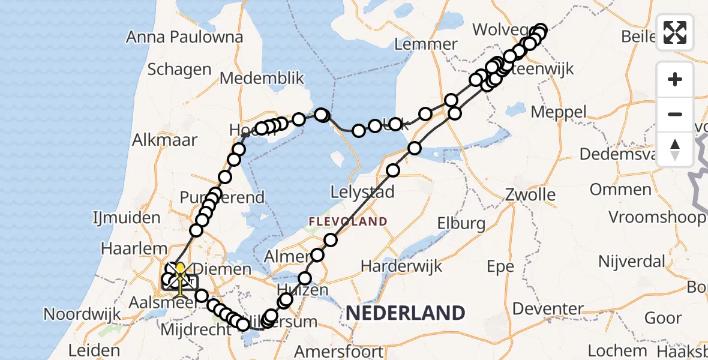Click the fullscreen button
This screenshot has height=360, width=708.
pyautogui.click(x=675, y=32)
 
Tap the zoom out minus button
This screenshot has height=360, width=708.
pyautogui.click(x=675, y=114)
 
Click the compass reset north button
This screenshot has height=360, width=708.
pyautogui.click(x=675, y=149)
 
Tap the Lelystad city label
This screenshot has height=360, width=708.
pyautogui.click(x=363, y=193)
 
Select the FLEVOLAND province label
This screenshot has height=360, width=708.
pyautogui.click(x=348, y=222)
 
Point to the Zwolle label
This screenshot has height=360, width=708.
pyautogui.click(x=530, y=195)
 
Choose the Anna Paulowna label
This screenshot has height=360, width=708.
pyautogui.click(x=184, y=37)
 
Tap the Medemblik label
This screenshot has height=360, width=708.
pyautogui.click(x=262, y=79)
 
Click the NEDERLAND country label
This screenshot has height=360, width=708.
pyautogui.click(x=405, y=313)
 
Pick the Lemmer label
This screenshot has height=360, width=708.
pyautogui.click(x=426, y=44)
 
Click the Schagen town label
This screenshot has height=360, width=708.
pyautogui.click(x=179, y=69)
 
